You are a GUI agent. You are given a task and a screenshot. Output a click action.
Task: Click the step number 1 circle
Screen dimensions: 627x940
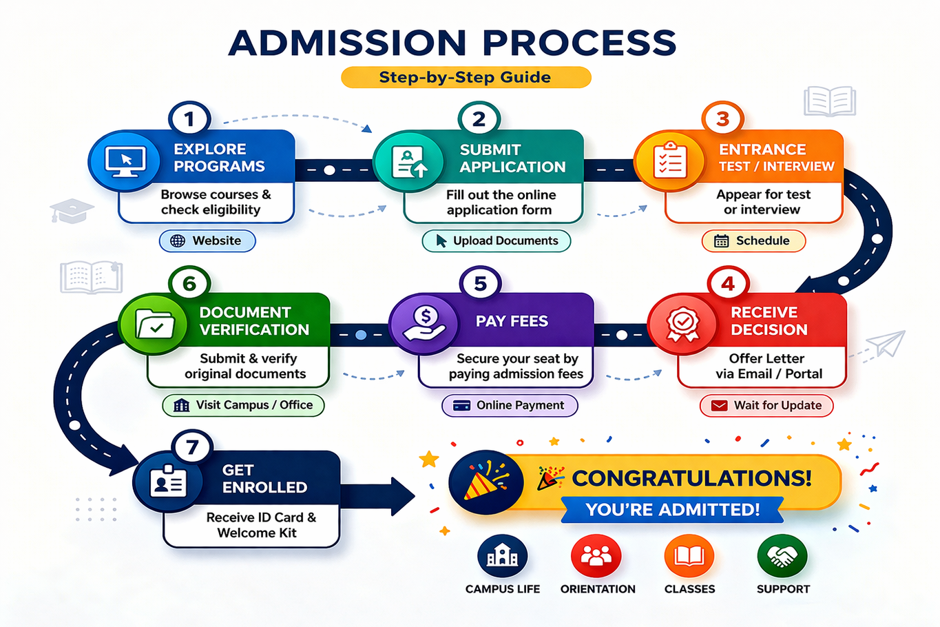[x=189, y=119]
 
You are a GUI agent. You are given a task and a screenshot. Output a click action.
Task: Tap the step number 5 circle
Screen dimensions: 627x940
[x=480, y=284]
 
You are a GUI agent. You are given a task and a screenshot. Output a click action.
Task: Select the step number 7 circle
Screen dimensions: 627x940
[x=192, y=448]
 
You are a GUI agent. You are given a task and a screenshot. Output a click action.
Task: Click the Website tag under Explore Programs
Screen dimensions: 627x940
[x=207, y=241]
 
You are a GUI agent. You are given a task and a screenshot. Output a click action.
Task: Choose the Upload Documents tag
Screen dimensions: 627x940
[x=497, y=241]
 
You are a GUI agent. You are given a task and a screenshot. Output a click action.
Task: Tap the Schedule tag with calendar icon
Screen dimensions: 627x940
[x=753, y=241]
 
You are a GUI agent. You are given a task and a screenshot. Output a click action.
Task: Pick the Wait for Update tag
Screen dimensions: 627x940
[x=766, y=406]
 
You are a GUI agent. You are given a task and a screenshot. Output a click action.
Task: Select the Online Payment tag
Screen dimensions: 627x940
[x=510, y=406]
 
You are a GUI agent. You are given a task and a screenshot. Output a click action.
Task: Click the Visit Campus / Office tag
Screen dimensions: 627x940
[x=243, y=405]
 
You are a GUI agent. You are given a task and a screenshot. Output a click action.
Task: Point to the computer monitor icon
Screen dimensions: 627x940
[x=125, y=162]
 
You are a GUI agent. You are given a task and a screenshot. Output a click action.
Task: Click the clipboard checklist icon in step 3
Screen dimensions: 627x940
[x=669, y=162]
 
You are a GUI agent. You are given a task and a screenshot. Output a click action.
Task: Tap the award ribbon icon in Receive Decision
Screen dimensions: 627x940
[x=682, y=324]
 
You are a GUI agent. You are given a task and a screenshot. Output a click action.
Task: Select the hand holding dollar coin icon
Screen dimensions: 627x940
[x=425, y=324]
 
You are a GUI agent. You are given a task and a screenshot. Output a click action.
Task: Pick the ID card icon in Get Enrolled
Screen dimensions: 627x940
[x=168, y=482]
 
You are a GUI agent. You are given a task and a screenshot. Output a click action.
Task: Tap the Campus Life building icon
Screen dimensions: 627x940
[x=503, y=556]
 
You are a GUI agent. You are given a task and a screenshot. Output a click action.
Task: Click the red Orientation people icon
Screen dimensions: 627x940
[x=596, y=556]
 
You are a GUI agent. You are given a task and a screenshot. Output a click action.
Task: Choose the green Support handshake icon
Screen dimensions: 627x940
[x=782, y=556]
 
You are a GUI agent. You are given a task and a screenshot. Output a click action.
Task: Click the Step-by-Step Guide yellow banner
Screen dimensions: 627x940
[x=466, y=77]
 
